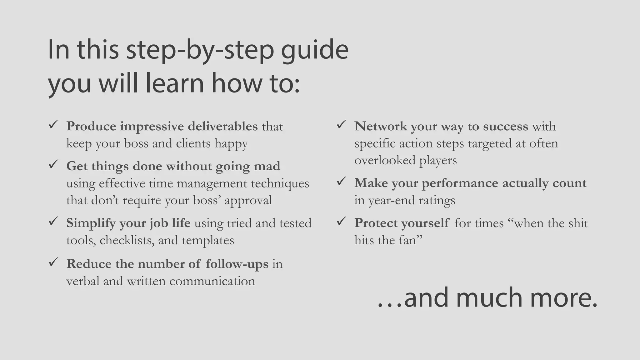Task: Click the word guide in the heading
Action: [x=314, y=51]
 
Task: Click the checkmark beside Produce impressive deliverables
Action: [x=53, y=125]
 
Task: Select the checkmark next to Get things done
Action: [x=53, y=164]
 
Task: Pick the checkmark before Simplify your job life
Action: [x=53, y=222]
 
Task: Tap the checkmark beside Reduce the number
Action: [x=53, y=262]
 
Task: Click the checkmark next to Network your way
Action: [x=341, y=125]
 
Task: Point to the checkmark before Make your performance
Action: [x=341, y=181]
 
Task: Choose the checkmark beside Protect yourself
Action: [x=341, y=222]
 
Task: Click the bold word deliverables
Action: [x=222, y=126]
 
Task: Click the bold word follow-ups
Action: [x=237, y=264]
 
